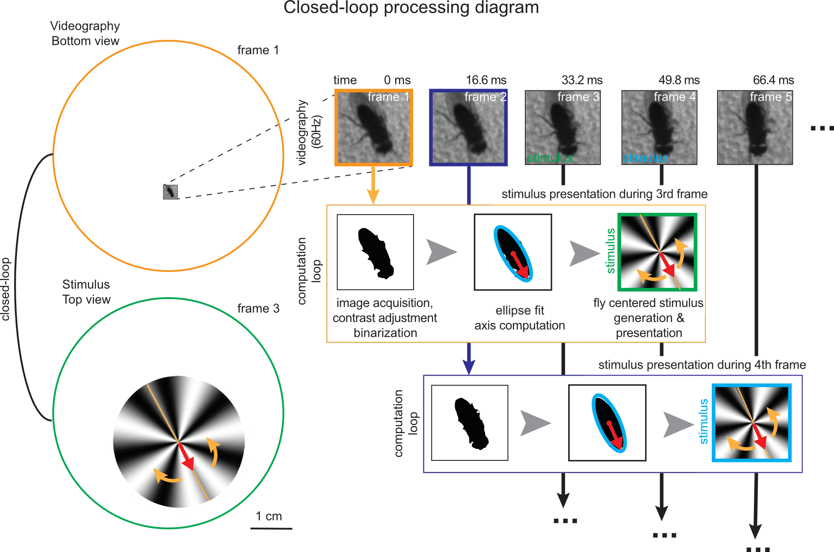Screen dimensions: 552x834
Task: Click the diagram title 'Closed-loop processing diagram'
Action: coord(411,8)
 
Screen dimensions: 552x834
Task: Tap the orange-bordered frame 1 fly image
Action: coord(374,128)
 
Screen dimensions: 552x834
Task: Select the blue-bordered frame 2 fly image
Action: coord(468,128)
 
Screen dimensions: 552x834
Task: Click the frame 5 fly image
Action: coord(755,128)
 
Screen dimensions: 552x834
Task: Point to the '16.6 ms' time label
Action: coord(486,80)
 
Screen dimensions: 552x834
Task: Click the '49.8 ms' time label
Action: coord(679,80)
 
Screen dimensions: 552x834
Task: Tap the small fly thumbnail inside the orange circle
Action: coord(170,192)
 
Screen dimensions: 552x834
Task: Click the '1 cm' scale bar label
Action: coord(269,516)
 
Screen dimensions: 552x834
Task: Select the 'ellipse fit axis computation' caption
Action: coord(519,318)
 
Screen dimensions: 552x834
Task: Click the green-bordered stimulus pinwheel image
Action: coord(657,252)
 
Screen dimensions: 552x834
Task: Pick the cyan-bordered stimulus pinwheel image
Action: coord(751,423)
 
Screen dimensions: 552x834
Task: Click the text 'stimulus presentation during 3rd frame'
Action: coord(604,194)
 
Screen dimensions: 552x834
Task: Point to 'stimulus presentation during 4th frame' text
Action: coord(702,365)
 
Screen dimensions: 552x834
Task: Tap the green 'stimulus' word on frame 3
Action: coord(550,158)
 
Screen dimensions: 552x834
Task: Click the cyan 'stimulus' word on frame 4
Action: coord(645,158)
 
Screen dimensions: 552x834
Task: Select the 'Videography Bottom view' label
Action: coord(85,33)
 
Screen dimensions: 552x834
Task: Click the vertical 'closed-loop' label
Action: coord(6,289)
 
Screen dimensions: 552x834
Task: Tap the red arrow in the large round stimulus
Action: coord(187,457)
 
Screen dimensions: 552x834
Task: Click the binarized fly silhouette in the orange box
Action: coord(375,253)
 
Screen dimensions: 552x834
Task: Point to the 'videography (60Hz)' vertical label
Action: coord(308,132)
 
